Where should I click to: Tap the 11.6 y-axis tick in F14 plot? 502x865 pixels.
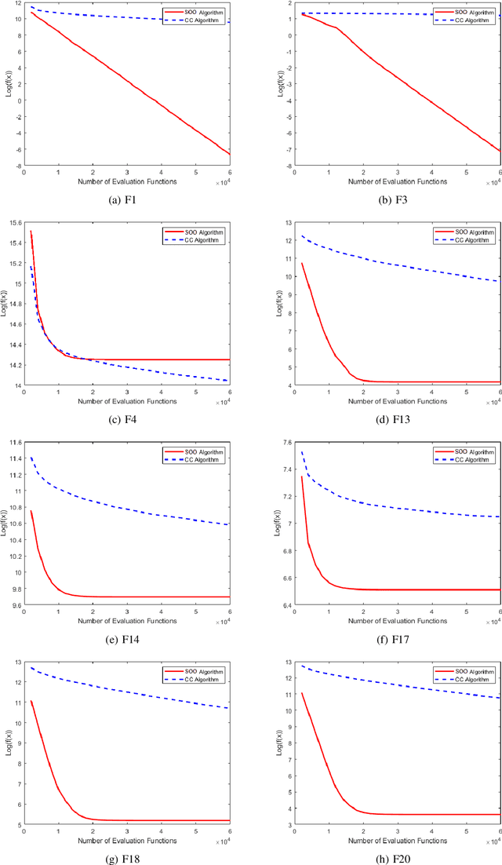pos(15,442)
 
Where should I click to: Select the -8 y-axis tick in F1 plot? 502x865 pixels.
pos(17,166)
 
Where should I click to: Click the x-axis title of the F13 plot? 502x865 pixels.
pos(379,401)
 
